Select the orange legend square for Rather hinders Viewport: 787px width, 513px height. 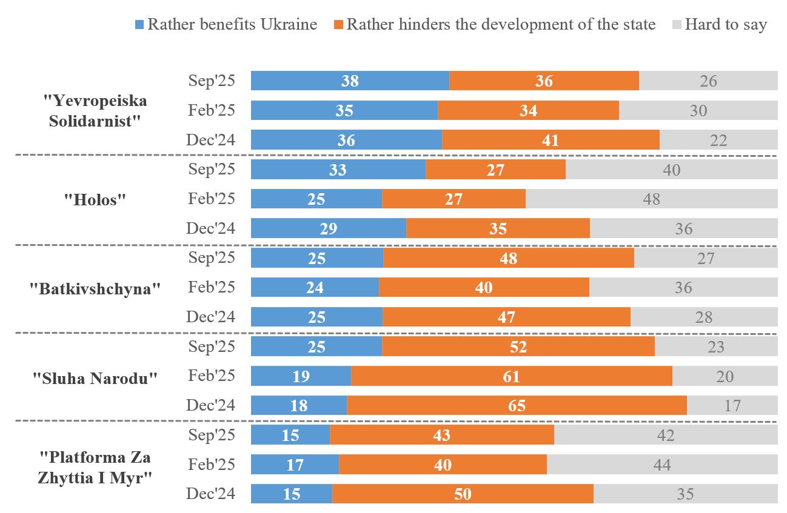(x=338, y=25)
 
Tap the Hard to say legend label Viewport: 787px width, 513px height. (x=725, y=25)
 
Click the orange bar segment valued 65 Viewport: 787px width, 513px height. (x=517, y=405)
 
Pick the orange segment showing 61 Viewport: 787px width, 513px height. (x=511, y=376)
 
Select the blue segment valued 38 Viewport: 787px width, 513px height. (x=350, y=81)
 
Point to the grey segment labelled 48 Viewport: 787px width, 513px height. (x=651, y=199)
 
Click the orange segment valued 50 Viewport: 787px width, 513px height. (x=463, y=494)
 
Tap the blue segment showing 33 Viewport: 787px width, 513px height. (x=338, y=170)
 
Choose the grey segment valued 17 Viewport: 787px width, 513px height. (x=732, y=405)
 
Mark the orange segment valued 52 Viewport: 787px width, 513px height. (x=518, y=346)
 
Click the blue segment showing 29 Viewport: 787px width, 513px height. (x=328, y=228)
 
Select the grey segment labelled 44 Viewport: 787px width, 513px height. (x=662, y=465)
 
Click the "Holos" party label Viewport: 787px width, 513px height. (x=94, y=200)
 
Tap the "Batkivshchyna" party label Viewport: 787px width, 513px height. (x=95, y=289)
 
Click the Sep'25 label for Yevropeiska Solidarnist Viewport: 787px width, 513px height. (x=211, y=81)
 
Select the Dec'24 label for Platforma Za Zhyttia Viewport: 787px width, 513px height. (x=210, y=494)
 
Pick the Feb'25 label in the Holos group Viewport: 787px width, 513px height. (x=211, y=199)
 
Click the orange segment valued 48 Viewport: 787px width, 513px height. (x=508, y=258)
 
